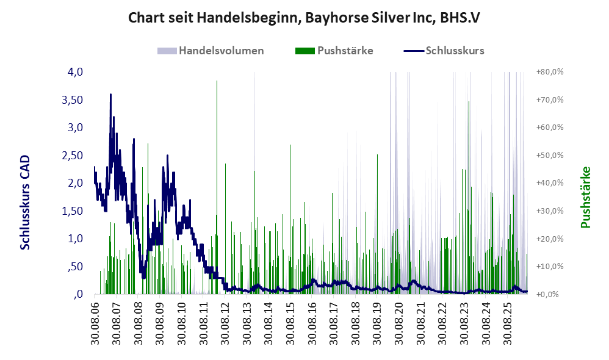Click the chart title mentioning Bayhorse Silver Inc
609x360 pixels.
[x=304, y=18]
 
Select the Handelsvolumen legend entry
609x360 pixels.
[x=211, y=51]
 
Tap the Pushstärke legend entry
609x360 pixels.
[x=334, y=51]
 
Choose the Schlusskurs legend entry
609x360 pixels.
[x=444, y=51]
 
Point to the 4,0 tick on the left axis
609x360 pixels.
[x=75, y=72]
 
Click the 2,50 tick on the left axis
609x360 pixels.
[x=72, y=156]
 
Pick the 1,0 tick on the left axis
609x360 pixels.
[x=75, y=239]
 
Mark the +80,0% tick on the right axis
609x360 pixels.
[x=550, y=72]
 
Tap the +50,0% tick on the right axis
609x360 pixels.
[x=550, y=156]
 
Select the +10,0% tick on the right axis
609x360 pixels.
[x=550, y=267]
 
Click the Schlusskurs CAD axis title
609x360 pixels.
[x=25, y=203]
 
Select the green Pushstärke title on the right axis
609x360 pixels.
[x=585, y=197]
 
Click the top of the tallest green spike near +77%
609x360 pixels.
[x=217, y=81]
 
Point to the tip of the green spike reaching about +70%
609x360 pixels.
[x=469, y=101]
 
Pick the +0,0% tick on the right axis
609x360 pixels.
[x=550, y=294]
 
